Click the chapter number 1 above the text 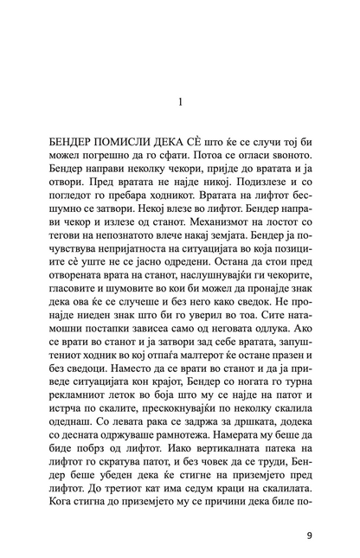[180, 101]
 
